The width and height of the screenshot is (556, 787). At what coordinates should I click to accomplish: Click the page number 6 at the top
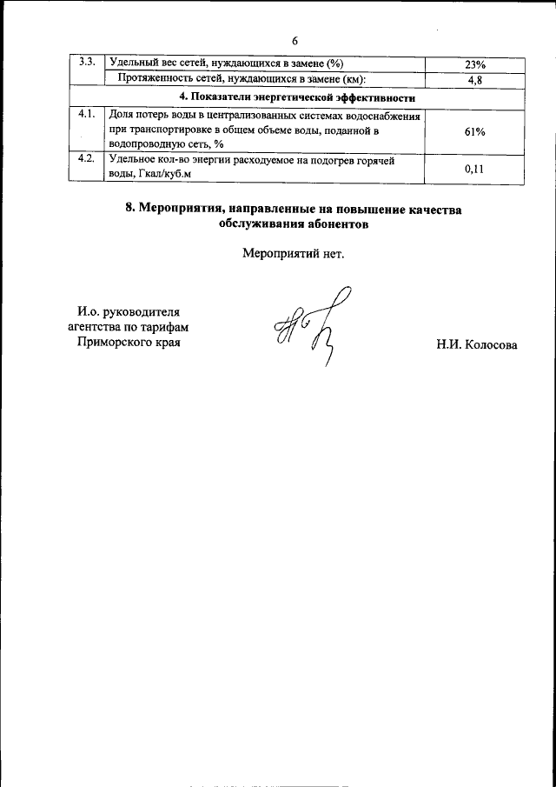(295, 41)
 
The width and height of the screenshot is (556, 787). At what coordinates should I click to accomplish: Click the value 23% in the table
(474, 65)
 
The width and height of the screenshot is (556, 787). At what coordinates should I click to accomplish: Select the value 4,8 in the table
(474, 80)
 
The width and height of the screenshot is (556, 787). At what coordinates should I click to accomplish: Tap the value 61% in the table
(474, 131)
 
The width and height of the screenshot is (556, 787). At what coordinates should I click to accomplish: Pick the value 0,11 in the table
(474, 170)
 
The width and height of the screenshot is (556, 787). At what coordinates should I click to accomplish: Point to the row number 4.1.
(86, 115)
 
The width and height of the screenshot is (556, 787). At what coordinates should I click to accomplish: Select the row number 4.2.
(86, 159)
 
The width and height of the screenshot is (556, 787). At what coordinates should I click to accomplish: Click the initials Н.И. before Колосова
(451, 345)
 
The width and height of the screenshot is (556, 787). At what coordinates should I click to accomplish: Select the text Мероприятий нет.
(294, 256)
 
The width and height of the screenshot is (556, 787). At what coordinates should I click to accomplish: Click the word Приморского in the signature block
(114, 343)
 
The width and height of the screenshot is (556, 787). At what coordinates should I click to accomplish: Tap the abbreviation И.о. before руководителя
(89, 311)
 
